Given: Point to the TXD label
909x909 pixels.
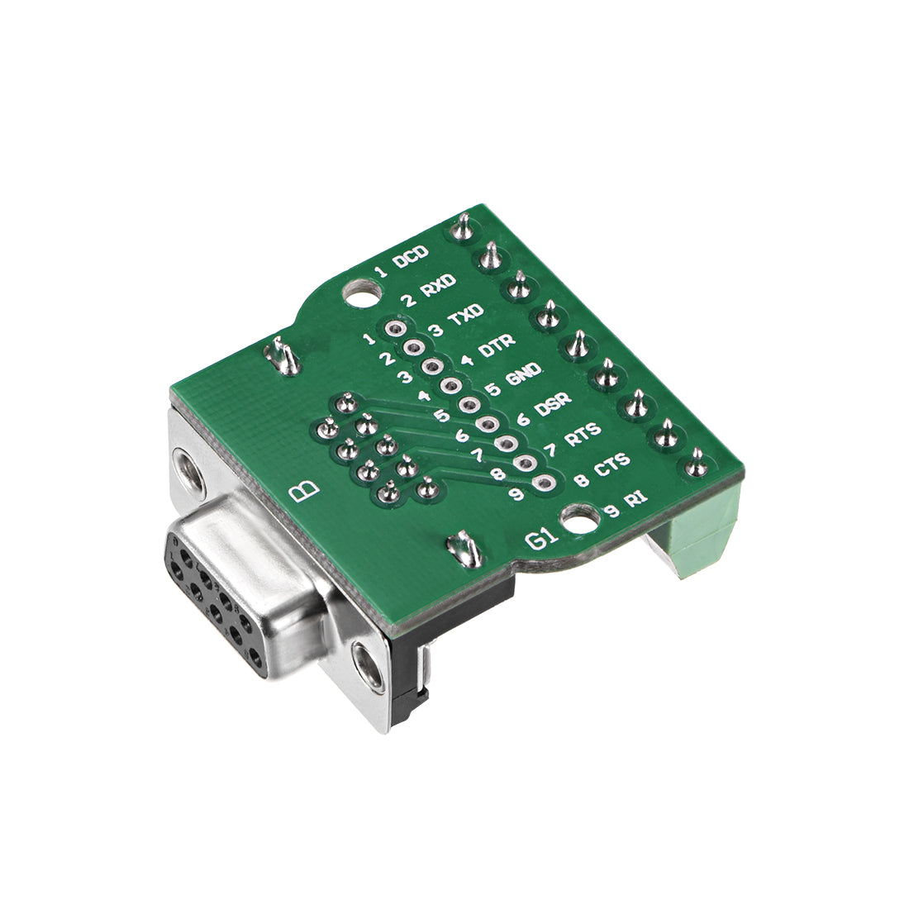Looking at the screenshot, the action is click(x=464, y=316).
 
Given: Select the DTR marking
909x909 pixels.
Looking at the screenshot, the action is click(x=497, y=345).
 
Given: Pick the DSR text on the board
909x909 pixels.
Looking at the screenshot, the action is click(x=553, y=404).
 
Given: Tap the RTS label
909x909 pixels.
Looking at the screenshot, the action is click(x=583, y=435).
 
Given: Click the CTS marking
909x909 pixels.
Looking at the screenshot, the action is click(x=612, y=465).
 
